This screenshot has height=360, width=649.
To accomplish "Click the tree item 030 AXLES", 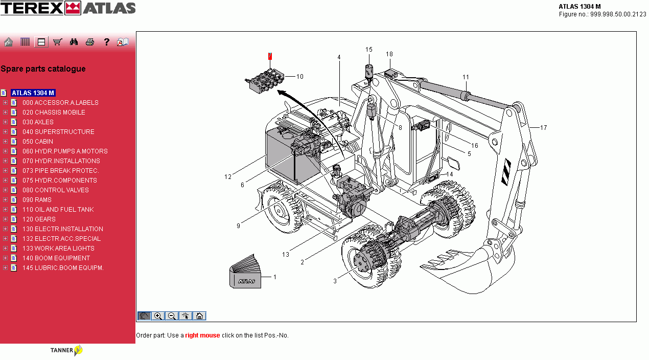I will tap(38, 122).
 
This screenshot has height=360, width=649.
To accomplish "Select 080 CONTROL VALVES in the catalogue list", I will tap(55, 190).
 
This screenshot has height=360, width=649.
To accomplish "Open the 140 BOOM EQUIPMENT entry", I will tap(56, 258).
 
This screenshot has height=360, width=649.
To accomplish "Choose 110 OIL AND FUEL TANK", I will tap(58, 210).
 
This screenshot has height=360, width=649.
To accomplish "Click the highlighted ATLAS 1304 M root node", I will tap(33, 93).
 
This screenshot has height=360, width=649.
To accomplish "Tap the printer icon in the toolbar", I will tap(90, 42).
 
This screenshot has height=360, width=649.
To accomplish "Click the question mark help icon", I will tap(106, 42).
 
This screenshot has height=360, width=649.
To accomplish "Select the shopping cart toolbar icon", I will tap(57, 42).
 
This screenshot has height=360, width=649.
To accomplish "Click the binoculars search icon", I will tap(74, 42).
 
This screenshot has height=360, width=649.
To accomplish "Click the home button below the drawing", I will tap(200, 316).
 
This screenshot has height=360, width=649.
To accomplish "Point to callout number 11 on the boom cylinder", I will tap(466, 77).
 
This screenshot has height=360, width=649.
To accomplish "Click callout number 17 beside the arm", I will tap(543, 128).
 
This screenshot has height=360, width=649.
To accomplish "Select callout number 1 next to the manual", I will tap(274, 277).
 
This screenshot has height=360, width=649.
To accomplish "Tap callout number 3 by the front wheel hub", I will tap(335, 281).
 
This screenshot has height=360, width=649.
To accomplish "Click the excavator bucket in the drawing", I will tap(470, 266).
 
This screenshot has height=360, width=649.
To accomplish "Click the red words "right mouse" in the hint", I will tap(202, 335).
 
